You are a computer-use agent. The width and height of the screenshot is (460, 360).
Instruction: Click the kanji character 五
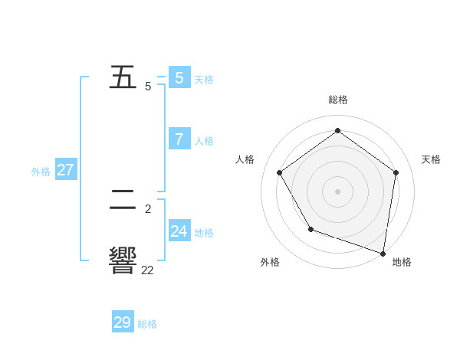coord(123,77)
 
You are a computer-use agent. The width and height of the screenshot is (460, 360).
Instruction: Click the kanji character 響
coord(123,261)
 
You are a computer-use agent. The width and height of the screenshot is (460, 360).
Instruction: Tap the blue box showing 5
coord(179,77)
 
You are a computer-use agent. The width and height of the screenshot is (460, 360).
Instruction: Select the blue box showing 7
coord(179,139)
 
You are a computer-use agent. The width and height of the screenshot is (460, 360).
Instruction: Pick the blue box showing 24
coord(179,231)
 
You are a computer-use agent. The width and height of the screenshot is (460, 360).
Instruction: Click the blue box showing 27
coord(65,169)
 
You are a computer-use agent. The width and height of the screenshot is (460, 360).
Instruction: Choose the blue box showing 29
coord(123,322)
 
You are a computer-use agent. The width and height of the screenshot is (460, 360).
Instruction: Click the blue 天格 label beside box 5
coord(204,80)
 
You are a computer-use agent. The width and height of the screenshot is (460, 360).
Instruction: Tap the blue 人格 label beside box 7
coord(204,141)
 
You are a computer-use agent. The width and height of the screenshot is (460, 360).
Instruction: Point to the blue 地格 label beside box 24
coord(204,233)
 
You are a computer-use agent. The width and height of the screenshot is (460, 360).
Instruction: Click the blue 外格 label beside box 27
coord(41,172)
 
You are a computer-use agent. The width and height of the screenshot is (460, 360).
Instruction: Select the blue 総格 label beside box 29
coord(147,325)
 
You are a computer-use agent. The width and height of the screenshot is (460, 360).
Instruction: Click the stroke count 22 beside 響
coord(147,270)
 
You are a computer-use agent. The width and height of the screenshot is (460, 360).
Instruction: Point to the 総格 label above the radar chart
coord(338,100)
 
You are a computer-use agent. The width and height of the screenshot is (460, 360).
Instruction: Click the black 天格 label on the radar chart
coord(431,159)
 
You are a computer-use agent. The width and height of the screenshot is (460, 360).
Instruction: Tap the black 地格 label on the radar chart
coord(402,262)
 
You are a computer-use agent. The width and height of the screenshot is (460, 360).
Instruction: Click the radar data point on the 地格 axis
coord(383,252)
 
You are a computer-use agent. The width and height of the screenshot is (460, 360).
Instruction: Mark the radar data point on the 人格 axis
coord(280,172)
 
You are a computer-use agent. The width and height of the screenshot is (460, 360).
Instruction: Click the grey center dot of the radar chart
coord(338,191)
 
